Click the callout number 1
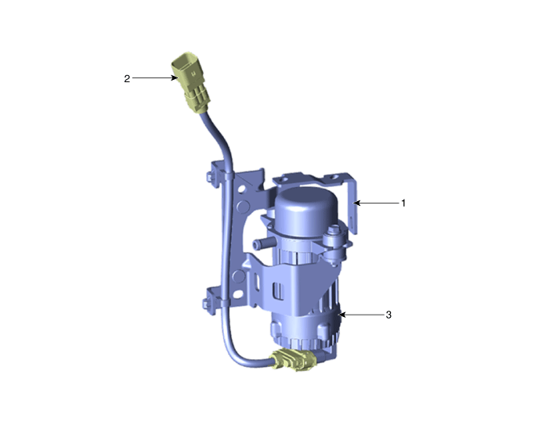403,203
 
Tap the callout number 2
127,79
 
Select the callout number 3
388,315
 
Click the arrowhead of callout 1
356,203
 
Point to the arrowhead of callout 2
175,77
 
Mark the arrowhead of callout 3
342,315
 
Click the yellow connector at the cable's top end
191,82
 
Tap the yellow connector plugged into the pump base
294,359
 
